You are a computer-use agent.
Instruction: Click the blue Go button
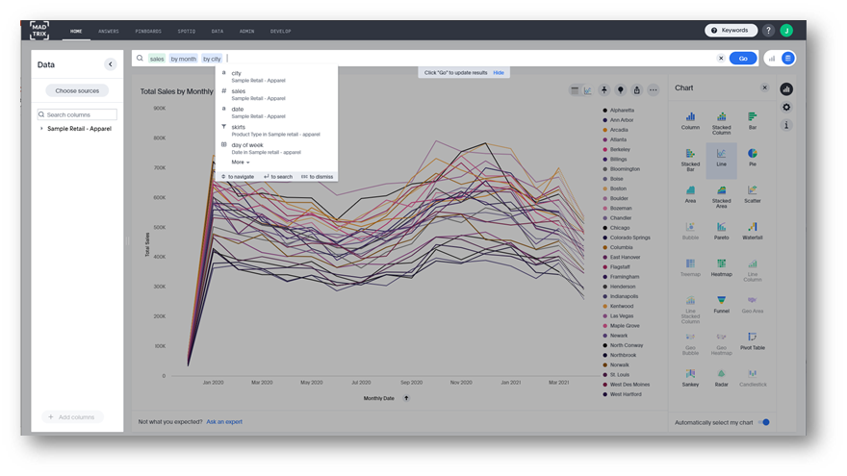pyautogui.click(x=742, y=59)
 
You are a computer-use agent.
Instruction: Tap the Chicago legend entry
pyautogui.click(x=621, y=228)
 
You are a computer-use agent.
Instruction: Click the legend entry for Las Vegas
pyautogui.click(x=622, y=315)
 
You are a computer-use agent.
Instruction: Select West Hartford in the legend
pyautogui.click(x=627, y=394)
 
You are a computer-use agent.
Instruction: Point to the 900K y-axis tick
pyautogui.click(x=160, y=108)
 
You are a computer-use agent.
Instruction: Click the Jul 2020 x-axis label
pyautogui.click(x=360, y=382)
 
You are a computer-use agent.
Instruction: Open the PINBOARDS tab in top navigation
pyautogui.click(x=149, y=32)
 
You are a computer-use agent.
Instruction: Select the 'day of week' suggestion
pyautogui.click(x=248, y=145)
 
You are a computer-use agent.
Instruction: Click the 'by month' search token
pyautogui.click(x=183, y=59)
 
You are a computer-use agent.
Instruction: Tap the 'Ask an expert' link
pyautogui.click(x=224, y=421)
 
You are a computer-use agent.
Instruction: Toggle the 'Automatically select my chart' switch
pyautogui.click(x=763, y=421)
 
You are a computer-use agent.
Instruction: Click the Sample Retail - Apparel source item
pyautogui.click(x=80, y=128)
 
